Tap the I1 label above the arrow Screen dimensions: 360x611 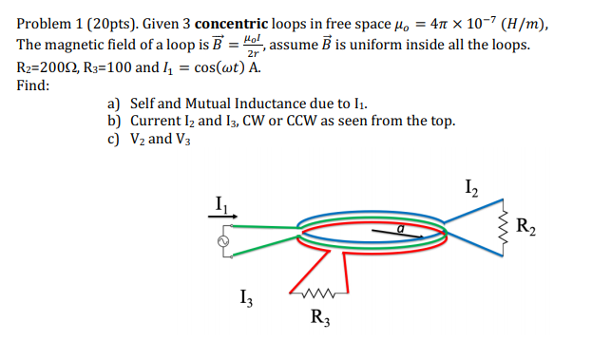coord(221,202)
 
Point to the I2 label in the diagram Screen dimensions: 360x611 coord(473,185)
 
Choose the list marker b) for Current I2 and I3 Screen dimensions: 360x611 coord(116,121)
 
